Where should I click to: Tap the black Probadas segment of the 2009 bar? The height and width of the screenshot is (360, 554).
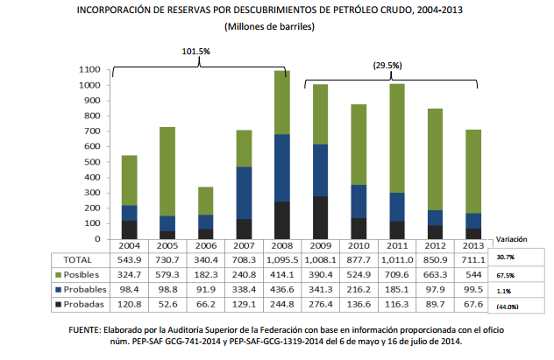tap(321, 217)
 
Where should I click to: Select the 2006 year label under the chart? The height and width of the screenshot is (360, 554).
tap(206, 246)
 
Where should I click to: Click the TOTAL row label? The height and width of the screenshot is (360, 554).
tap(68, 260)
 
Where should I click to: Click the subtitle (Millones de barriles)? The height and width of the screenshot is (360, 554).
tap(270, 27)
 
